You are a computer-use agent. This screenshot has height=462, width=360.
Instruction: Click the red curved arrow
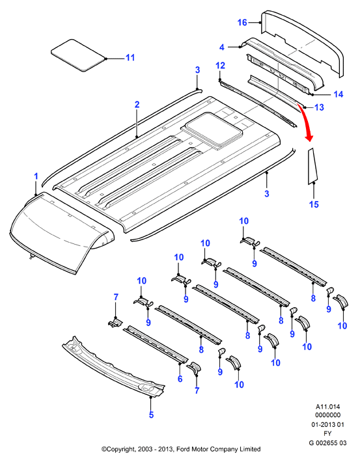coord(305,122)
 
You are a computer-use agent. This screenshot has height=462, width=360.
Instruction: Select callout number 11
coord(130,57)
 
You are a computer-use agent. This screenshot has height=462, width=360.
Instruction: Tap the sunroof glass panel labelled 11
coord(78,55)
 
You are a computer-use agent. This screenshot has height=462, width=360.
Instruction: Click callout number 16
coord(242,22)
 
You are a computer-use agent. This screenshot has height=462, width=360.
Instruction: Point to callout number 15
coord(314,204)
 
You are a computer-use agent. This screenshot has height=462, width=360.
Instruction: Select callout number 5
coord(151,415)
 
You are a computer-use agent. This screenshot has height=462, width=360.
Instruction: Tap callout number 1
coord(36,176)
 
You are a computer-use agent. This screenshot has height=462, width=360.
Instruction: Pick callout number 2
coord(137,104)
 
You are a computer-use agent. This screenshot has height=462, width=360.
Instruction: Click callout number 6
coord(180,379)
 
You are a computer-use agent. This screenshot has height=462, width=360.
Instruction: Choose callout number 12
coord(220,66)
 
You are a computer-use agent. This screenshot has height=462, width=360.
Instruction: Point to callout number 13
coord(319,107)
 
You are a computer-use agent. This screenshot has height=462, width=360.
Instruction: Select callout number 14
coord(339,94)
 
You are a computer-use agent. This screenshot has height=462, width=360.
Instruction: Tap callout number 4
coord(222,47)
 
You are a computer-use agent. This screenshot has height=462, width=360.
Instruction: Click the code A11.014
coord(328,407)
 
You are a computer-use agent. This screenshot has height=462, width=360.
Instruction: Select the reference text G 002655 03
coord(328,442)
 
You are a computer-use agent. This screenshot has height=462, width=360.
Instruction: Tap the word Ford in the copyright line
coord(184,449)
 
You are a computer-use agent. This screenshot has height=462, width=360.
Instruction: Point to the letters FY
coord(327,433)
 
